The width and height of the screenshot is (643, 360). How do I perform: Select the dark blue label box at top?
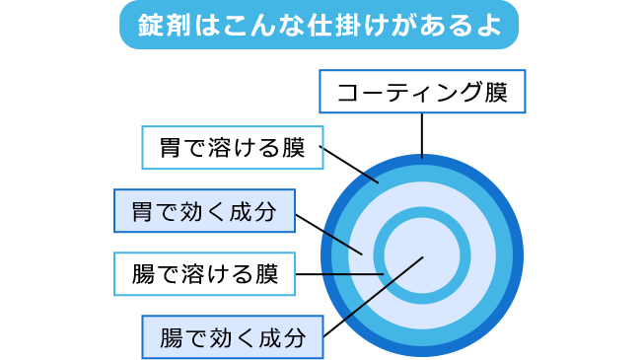(422, 92)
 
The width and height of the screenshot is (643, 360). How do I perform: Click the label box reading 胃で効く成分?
(204, 211)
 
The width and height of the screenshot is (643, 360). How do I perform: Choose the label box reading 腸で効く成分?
(232, 337)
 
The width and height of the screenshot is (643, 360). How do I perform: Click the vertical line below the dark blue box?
(422, 134)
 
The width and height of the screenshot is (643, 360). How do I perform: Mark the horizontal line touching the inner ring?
(335, 273)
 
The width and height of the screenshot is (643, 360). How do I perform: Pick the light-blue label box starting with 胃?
(232, 149)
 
